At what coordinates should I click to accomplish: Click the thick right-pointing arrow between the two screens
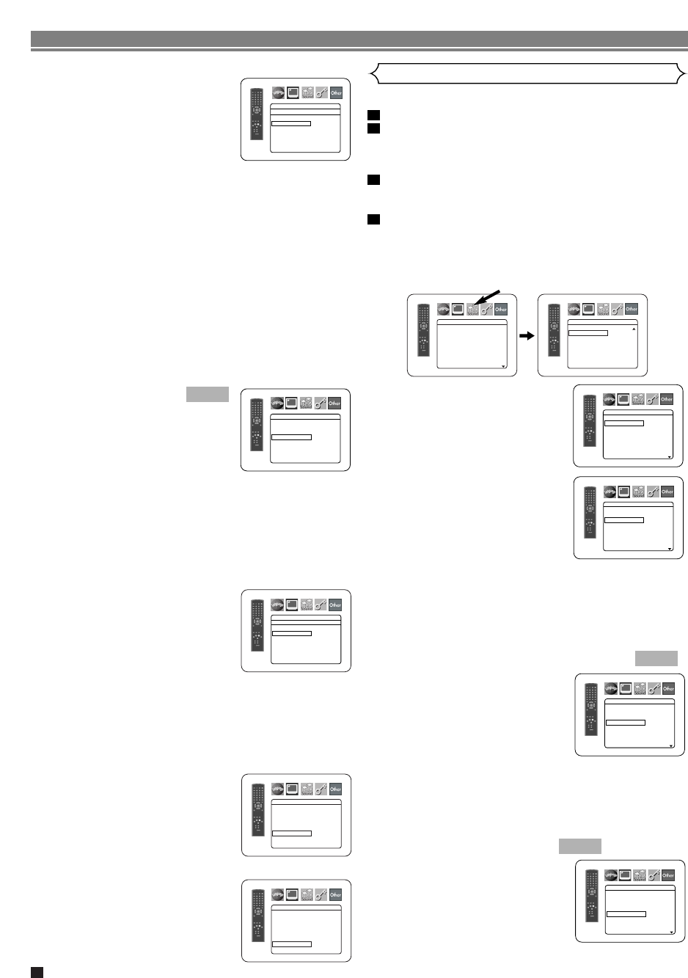(x=527, y=336)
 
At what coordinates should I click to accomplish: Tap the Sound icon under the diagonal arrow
(x=472, y=310)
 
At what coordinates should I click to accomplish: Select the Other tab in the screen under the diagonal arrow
(x=501, y=310)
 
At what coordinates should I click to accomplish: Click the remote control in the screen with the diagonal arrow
(x=423, y=330)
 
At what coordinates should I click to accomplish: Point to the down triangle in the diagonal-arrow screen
(x=503, y=365)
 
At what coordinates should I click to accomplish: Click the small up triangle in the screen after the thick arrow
(x=634, y=329)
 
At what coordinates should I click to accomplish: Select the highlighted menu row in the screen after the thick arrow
(x=588, y=333)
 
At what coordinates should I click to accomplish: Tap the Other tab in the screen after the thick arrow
(x=632, y=309)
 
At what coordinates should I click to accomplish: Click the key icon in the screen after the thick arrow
(x=617, y=309)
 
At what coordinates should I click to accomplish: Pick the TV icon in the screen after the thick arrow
(x=588, y=309)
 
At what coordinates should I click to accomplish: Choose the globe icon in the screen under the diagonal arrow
(x=443, y=310)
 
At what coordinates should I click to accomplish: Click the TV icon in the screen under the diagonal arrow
(x=458, y=310)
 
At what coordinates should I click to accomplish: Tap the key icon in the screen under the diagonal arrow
(x=486, y=310)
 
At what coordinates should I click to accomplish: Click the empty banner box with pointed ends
(x=527, y=73)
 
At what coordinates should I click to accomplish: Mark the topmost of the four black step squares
(x=373, y=115)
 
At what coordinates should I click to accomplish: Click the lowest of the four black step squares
(x=373, y=219)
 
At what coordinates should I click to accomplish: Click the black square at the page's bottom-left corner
(x=37, y=972)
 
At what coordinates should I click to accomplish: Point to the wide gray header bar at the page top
(x=359, y=39)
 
